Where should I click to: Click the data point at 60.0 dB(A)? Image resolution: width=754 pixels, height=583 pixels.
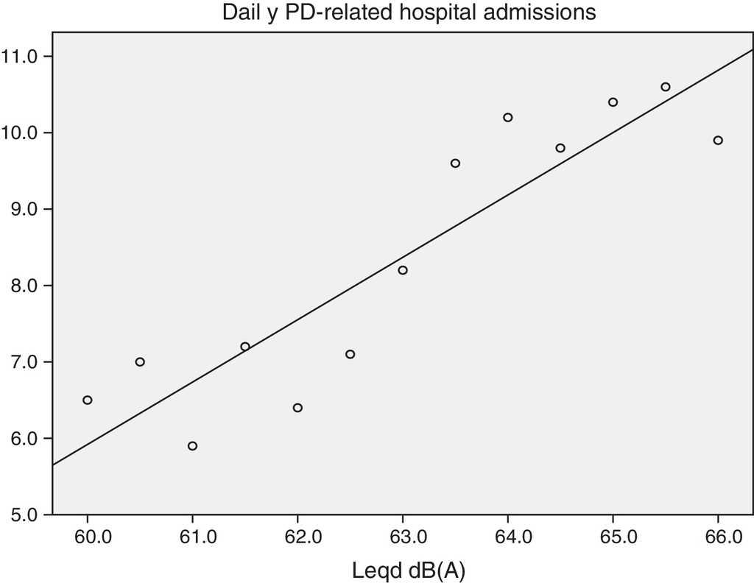88,400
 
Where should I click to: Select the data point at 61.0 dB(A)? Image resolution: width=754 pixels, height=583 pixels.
192,446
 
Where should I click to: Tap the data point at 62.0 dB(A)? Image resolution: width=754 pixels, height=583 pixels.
297,408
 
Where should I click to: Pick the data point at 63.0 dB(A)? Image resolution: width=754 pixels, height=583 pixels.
403,270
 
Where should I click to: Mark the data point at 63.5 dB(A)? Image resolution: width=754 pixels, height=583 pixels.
455,163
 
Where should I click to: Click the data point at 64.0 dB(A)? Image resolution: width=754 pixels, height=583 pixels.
508,118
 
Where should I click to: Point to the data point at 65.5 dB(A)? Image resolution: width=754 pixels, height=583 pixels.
666,87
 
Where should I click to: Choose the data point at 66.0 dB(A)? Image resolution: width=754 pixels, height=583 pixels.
718,141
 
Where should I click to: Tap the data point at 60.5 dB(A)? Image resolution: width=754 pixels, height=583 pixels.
140,361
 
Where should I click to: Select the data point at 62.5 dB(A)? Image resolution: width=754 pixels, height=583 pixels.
350,354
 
